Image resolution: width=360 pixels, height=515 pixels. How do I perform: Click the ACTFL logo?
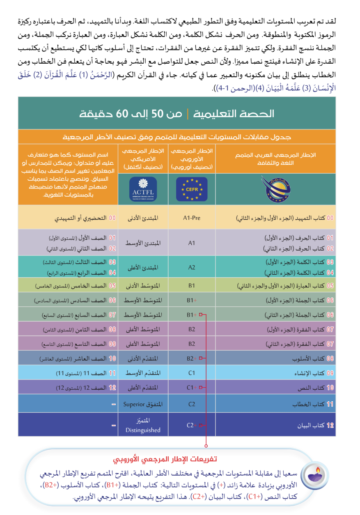(143, 189)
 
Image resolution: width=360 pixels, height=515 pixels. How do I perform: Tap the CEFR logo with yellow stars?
(192, 189)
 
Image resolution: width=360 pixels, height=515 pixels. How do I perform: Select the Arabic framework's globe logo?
(275, 188)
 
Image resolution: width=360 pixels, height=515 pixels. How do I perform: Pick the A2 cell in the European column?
(192, 267)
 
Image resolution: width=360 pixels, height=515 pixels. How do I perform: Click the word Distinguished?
(143, 430)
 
